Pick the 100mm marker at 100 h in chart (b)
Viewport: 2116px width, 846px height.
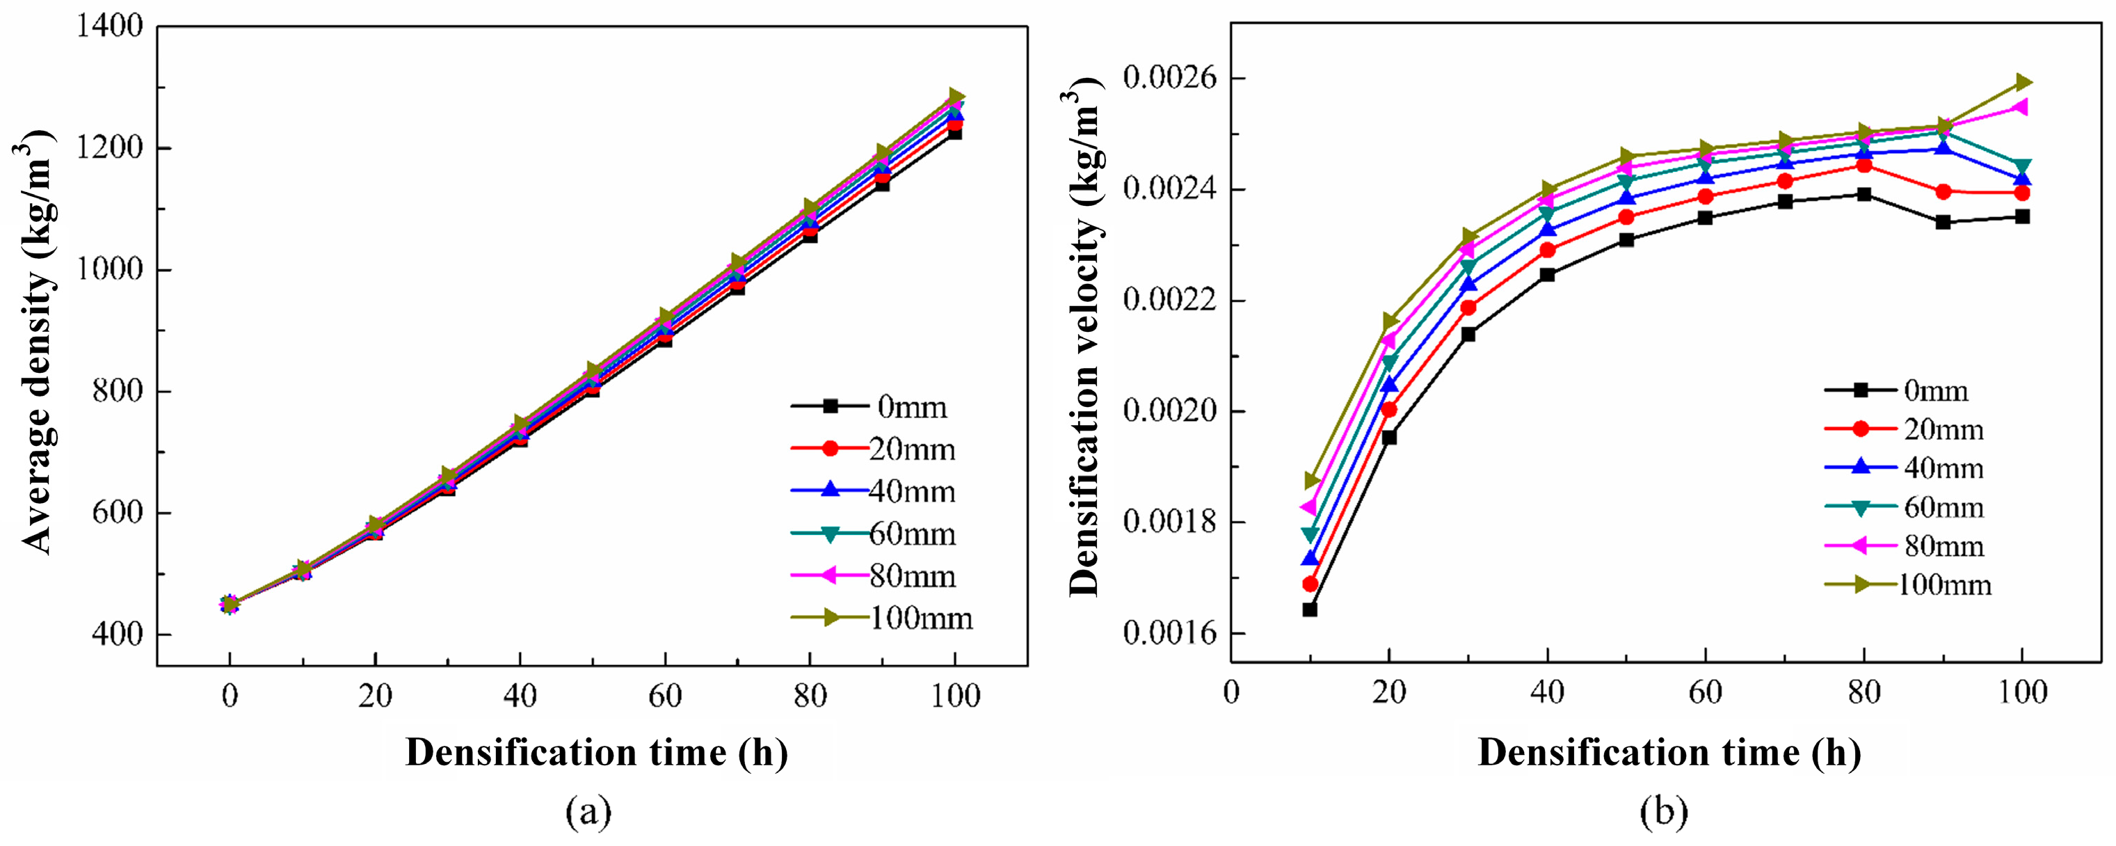point(2022,82)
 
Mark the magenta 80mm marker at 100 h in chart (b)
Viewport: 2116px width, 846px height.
point(2021,106)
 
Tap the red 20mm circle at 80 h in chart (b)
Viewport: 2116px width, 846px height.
point(1863,165)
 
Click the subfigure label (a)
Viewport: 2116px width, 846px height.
point(589,813)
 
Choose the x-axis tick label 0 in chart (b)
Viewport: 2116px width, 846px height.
point(1231,692)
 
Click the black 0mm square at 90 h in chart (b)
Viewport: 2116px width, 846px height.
point(1943,222)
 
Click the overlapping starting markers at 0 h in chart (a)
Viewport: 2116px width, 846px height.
point(230,605)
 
